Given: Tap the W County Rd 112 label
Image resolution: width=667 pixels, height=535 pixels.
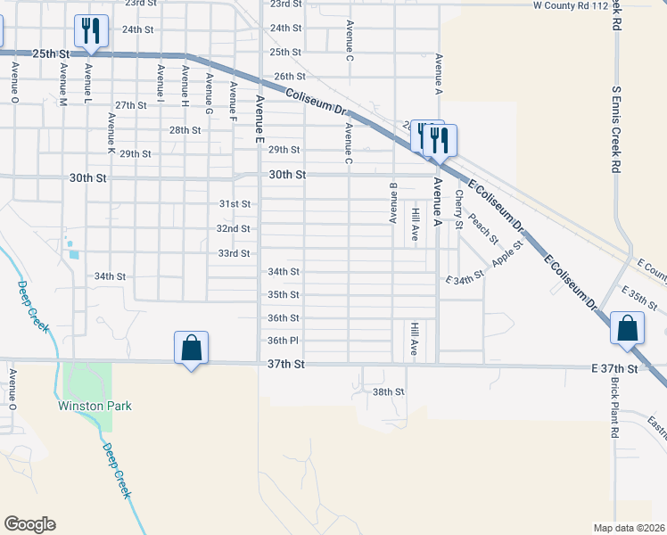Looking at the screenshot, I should tap(570, 5).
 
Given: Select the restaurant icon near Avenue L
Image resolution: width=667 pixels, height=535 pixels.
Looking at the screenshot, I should tap(91, 31).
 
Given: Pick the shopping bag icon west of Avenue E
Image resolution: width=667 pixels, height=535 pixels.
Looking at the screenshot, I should tap(191, 348).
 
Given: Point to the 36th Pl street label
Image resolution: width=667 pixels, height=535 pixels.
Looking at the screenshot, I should tap(283, 341).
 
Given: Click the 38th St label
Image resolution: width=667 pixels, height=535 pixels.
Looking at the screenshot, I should tap(389, 391).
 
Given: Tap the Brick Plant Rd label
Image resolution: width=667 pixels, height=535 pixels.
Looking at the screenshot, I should tap(614, 407).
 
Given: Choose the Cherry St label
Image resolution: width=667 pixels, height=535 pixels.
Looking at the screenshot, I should tap(458, 209).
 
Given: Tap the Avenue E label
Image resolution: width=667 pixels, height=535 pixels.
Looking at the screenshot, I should tap(259, 119).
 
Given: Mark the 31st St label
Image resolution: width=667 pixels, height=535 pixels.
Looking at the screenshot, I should tap(235, 204).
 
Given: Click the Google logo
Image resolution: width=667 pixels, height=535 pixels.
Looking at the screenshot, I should tap(29, 524).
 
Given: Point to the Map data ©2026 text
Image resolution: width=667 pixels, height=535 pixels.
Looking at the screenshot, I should tap(628, 528).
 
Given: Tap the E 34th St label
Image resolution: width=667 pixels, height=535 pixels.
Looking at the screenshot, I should tap(464, 278).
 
